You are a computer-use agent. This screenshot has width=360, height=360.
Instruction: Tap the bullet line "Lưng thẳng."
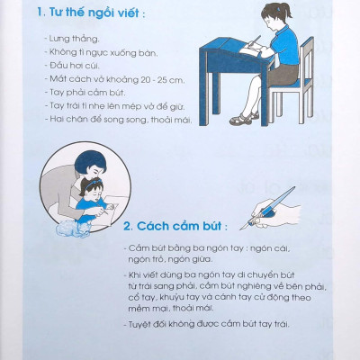coord(75,53)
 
